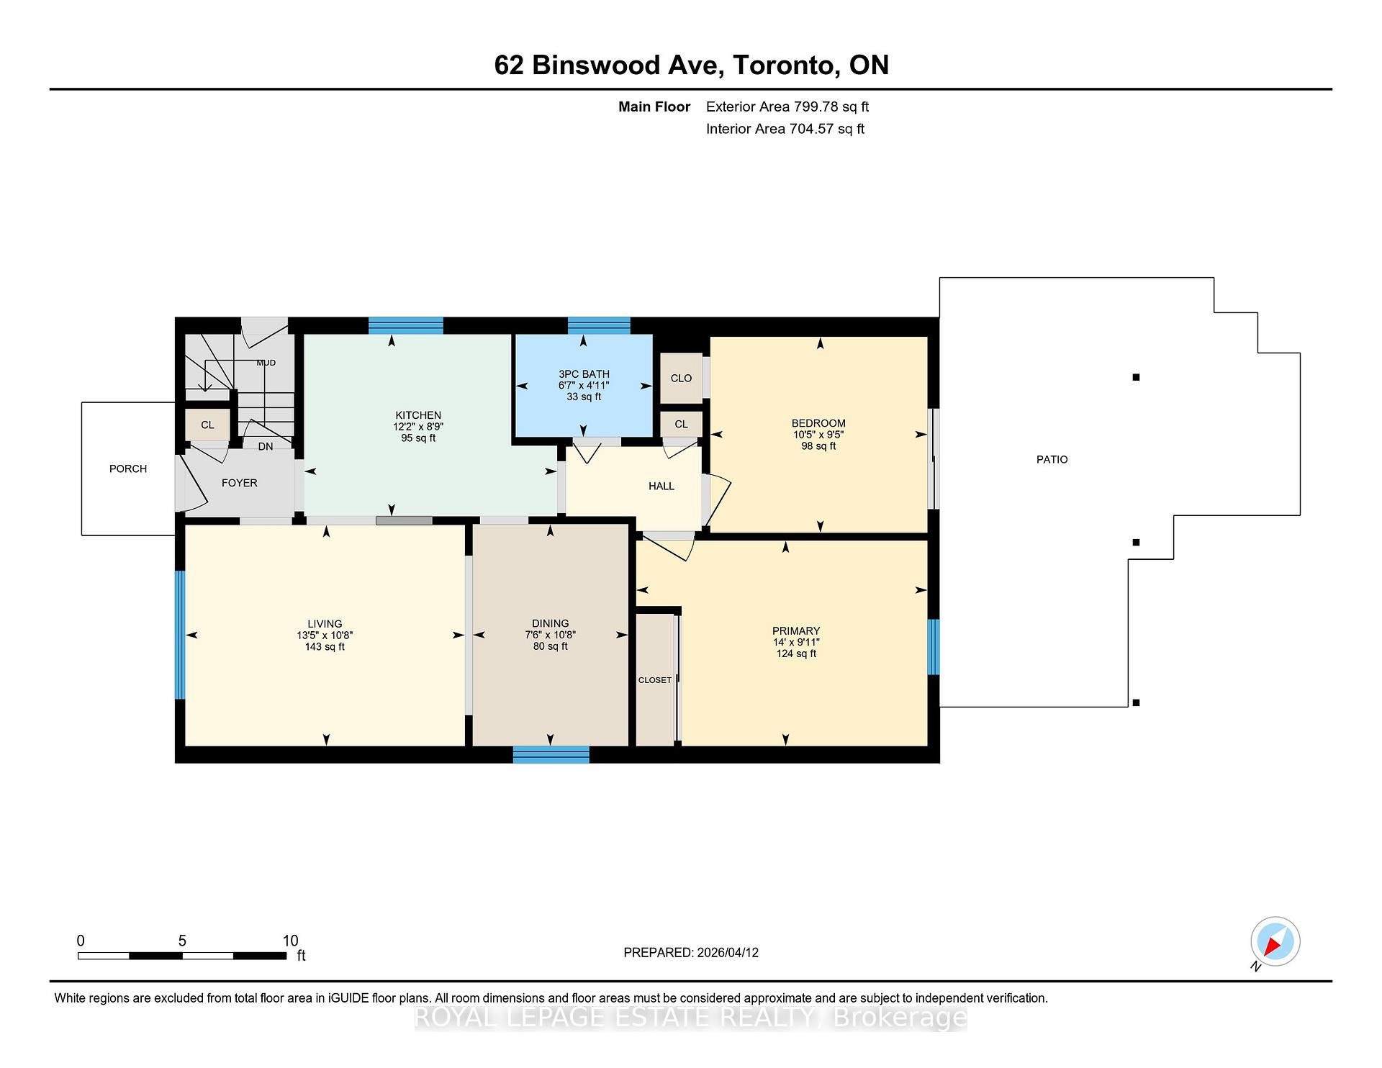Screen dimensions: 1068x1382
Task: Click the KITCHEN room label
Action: click(x=417, y=415)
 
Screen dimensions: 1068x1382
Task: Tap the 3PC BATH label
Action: click(x=584, y=374)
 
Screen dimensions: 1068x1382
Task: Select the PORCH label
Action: click(x=128, y=469)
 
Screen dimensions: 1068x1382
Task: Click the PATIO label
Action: click(x=1052, y=459)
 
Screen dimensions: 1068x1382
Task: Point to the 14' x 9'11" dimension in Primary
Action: click(x=795, y=642)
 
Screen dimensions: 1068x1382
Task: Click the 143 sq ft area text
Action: click(x=325, y=647)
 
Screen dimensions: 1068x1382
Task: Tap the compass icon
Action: click(x=1275, y=941)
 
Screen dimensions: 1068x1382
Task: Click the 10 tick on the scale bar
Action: click(x=290, y=941)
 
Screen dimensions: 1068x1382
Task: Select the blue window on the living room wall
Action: click(x=180, y=635)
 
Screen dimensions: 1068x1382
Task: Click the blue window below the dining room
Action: click(x=551, y=754)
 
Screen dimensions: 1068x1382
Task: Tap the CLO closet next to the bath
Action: click(x=681, y=378)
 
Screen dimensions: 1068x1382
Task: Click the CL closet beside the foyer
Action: click(x=207, y=425)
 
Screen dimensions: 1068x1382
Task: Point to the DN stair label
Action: click(x=266, y=446)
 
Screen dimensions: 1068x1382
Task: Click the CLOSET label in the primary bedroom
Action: click(x=654, y=680)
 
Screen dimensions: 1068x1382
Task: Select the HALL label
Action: click(x=661, y=487)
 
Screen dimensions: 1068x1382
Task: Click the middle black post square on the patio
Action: click(x=1136, y=543)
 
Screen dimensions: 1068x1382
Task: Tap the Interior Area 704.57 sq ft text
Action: click(x=785, y=129)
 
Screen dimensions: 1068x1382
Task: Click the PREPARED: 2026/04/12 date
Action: click(x=690, y=952)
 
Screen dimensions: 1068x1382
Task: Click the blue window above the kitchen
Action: click(x=405, y=325)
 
